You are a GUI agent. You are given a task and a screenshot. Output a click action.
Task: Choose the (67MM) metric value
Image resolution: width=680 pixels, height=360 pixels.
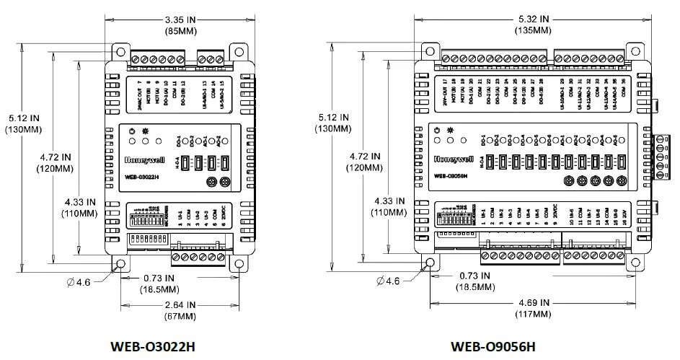(x=180, y=316)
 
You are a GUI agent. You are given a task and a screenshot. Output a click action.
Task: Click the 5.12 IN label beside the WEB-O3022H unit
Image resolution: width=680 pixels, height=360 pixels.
(x=25, y=117)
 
